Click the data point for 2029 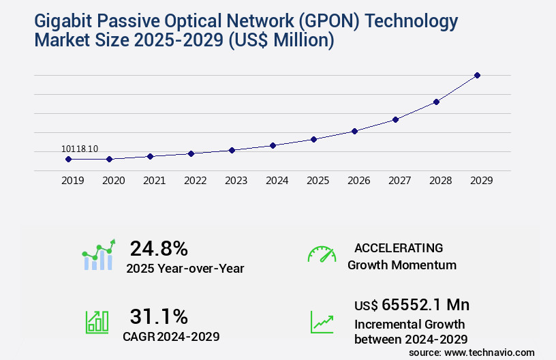click(x=477, y=75)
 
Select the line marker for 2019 click(x=68, y=159)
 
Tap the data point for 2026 click(x=354, y=131)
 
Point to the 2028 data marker click(x=436, y=102)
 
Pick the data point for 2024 click(x=273, y=145)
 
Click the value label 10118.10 click(x=80, y=149)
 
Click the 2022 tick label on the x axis click(x=195, y=181)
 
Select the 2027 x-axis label click(x=399, y=181)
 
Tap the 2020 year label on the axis click(x=113, y=181)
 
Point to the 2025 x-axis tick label click(x=318, y=181)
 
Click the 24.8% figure click(x=159, y=248)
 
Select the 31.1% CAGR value click(x=159, y=316)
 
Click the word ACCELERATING click(x=399, y=247)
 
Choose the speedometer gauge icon click(x=322, y=254)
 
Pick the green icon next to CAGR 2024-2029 click(x=96, y=322)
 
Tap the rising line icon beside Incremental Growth click(x=322, y=322)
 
